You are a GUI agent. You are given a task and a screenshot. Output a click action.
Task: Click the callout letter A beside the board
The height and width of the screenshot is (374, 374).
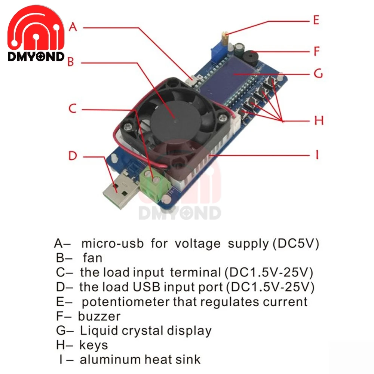pyautogui.click(x=73, y=27)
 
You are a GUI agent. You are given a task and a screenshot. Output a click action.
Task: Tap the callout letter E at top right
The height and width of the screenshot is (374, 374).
pyautogui.click(x=316, y=20)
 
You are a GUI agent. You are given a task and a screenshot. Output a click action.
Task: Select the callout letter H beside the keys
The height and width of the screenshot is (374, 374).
pyautogui.click(x=318, y=121)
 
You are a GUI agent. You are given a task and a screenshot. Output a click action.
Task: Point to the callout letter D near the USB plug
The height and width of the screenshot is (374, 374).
pyautogui.click(x=73, y=156)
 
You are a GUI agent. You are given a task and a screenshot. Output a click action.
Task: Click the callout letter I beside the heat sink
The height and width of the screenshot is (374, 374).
pyautogui.click(x=317, y=154)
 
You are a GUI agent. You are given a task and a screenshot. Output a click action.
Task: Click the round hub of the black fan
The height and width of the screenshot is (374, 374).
pyautogui.click(x=174, y=112)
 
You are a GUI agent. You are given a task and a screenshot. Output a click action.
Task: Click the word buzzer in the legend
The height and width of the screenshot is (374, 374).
pyautogui.click(x=99, y=316)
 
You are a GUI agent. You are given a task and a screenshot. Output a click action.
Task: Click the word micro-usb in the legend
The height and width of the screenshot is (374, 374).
pyautogui.click(x=112, y=243)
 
